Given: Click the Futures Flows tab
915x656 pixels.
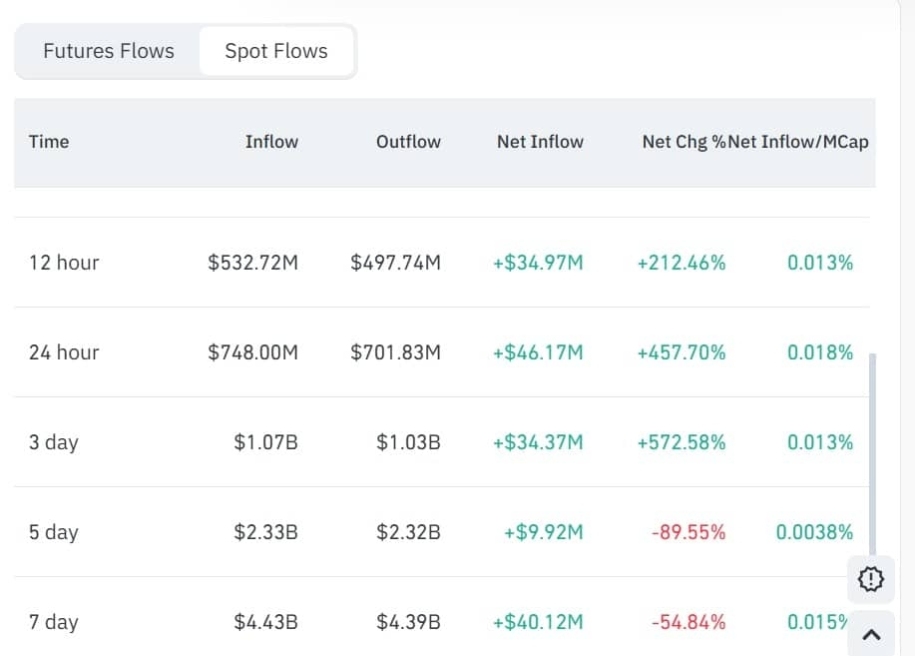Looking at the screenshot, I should pos(109,51).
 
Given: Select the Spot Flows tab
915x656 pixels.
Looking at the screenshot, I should pos(276,51).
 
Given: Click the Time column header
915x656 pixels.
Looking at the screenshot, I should pos(49,142).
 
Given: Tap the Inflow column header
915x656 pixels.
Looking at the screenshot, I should pos(271,142).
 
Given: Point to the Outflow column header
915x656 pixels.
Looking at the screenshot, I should pos(408,142).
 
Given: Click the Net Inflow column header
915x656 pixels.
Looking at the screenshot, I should pos(540,142).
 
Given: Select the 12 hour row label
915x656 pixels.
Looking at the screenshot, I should pos(64,263).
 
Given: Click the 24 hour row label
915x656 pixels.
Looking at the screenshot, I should pos(64,352).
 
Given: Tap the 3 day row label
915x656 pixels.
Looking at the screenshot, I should pos(53,442).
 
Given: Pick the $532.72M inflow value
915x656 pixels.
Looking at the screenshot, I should pos(252,263).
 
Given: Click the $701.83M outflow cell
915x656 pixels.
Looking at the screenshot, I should pos(395,352).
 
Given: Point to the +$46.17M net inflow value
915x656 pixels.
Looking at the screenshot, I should pos(538,352).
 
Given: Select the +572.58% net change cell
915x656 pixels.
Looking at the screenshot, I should pos(682,442).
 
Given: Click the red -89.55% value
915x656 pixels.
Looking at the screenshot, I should pos(688,532).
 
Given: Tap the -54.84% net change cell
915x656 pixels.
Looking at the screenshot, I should pos(688,622).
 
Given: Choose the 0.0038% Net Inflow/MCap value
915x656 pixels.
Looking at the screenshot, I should pos(814,532).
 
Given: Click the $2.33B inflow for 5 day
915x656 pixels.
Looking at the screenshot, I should pos(265,532).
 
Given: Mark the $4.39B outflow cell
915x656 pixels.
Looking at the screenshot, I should pos(408,622).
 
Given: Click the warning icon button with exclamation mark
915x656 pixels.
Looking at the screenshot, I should pos(870,578).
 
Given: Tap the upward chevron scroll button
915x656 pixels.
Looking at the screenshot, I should pos(870,633).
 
